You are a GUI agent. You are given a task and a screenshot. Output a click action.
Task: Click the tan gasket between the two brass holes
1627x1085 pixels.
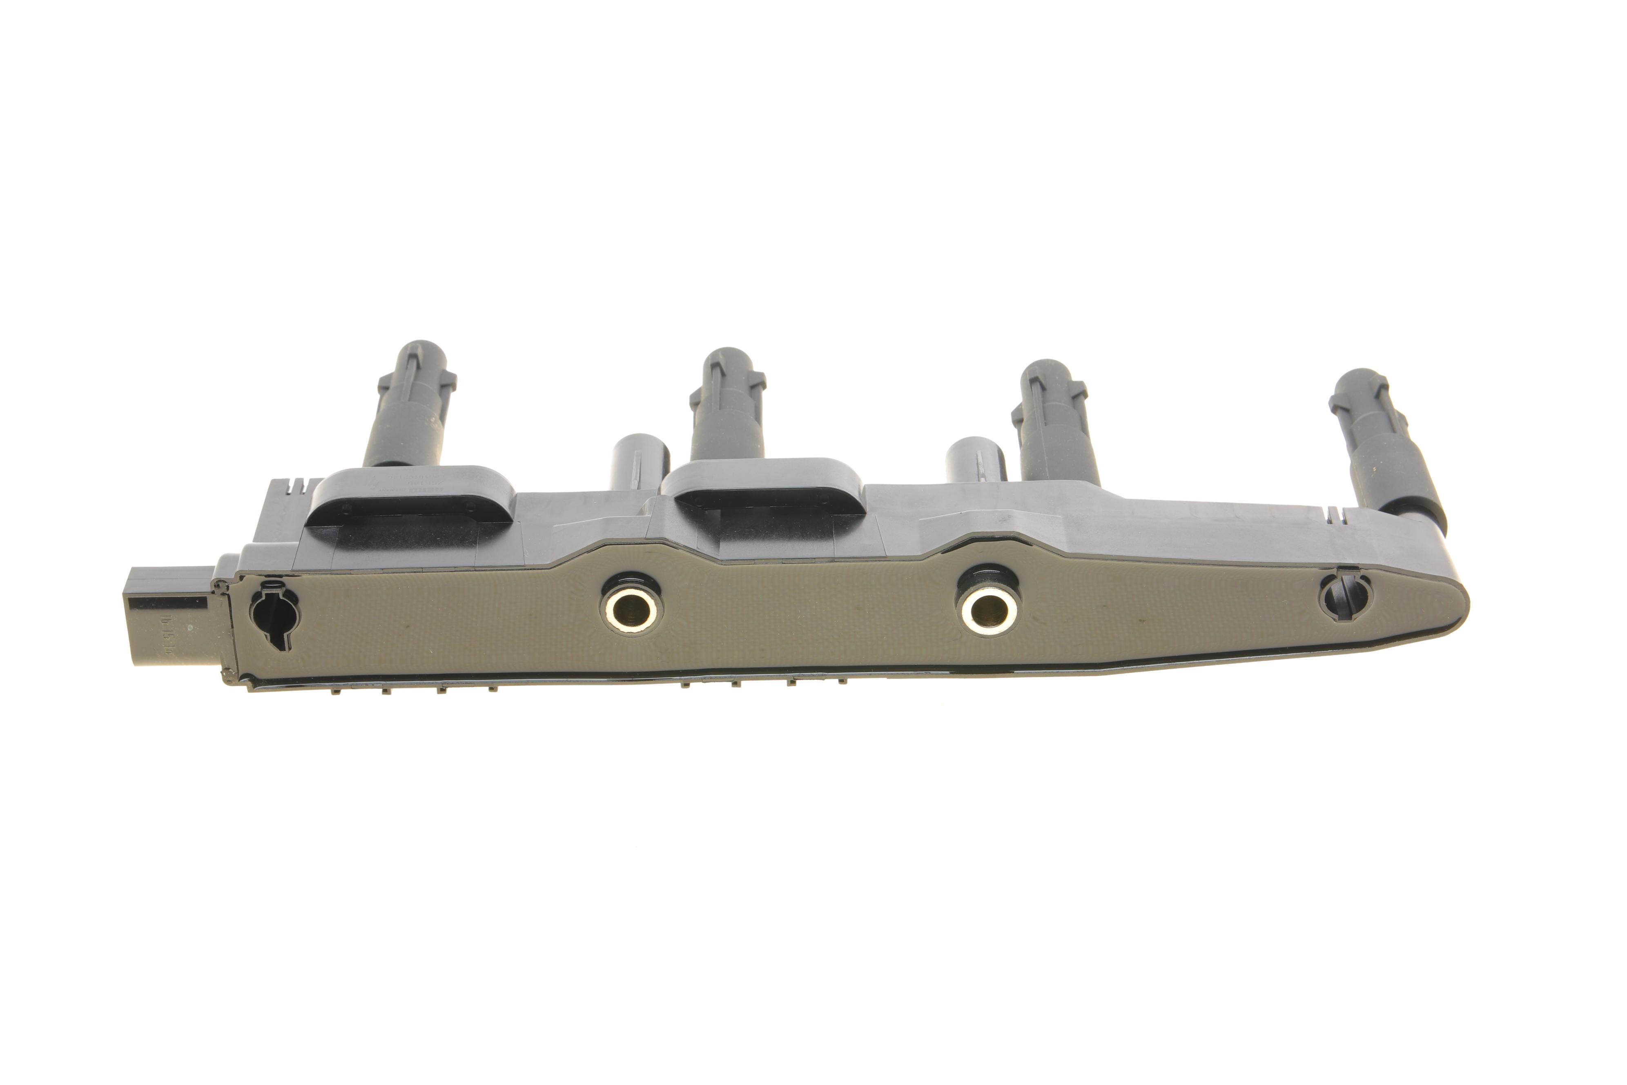[x=809, y=616]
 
